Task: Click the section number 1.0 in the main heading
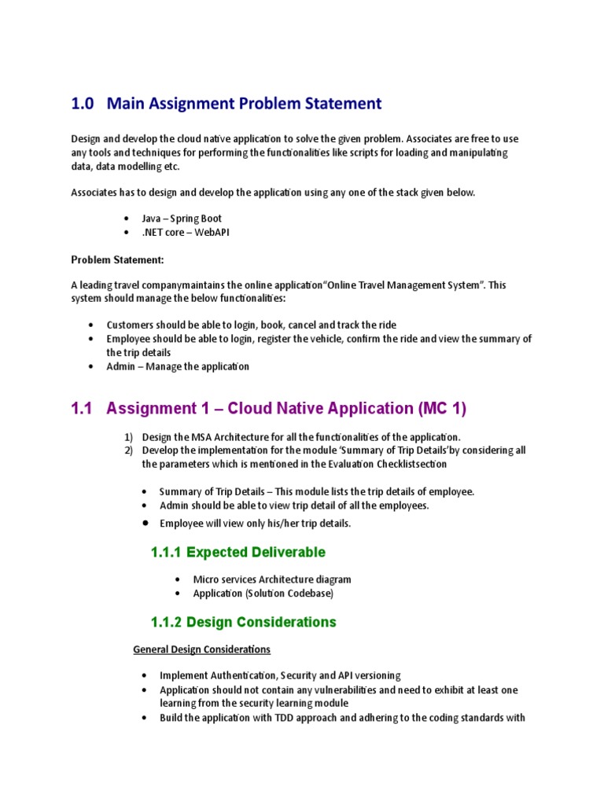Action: coord(83,103)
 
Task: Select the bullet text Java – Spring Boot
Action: coord(181,219)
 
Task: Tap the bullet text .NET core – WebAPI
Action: coord(186,233)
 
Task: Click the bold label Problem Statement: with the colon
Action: coord(118,260)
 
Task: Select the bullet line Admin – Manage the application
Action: coord(178,366)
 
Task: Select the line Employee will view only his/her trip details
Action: coord(255,523)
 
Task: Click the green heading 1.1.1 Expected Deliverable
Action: coord(238,552)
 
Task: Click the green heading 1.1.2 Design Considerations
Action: coord(243,622)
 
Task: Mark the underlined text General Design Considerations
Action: coord(201,649)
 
